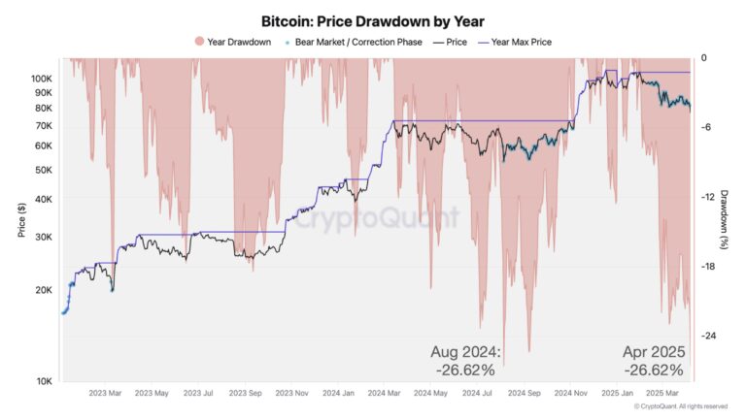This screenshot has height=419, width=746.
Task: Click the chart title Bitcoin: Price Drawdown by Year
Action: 372,20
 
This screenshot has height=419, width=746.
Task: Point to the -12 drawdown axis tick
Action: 708,197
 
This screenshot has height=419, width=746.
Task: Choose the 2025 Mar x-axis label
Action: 666,393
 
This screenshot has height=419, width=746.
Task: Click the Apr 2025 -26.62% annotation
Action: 653,360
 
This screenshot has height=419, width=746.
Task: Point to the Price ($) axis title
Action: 20,221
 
